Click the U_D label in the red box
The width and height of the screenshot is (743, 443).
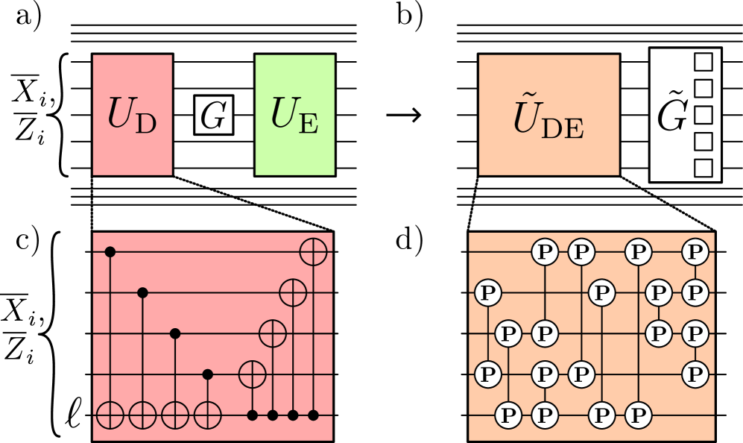(x=132, y=115)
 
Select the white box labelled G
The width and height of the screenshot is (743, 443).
(x=213, y=116)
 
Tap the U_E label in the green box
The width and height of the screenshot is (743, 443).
(x=294, y=115)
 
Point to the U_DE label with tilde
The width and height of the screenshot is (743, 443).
(x=548, y=119)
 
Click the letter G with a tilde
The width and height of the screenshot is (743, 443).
(x=671, y=116)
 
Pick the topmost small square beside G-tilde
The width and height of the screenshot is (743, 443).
(x=703, y=61)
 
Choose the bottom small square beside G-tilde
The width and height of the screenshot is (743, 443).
(x=703, y=168)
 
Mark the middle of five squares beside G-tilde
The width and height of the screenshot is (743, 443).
(x=703, y=115)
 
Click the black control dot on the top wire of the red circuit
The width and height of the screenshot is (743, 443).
(x=110, y=252)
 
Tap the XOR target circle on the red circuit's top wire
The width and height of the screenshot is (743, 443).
(x=313, y=252)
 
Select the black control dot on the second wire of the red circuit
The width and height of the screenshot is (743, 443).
(x=143, y=292)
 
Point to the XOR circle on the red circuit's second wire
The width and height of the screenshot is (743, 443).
(x=293, y=292)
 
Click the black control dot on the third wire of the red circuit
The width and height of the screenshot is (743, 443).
(x=175, y=333)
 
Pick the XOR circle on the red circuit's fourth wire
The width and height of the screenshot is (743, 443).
(x=252, y=374)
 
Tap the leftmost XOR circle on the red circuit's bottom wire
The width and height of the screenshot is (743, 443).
(x=110, y=415)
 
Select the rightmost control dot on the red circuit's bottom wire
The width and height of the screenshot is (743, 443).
(x=313, y=415)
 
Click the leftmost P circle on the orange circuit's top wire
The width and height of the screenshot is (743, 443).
(x=545, y=252)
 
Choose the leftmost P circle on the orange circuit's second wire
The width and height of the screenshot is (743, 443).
(x=488, y=292)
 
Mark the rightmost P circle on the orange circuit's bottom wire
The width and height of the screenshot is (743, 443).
(x=638, y=414)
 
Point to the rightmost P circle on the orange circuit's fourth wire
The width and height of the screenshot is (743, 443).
(x=695, y=373)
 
